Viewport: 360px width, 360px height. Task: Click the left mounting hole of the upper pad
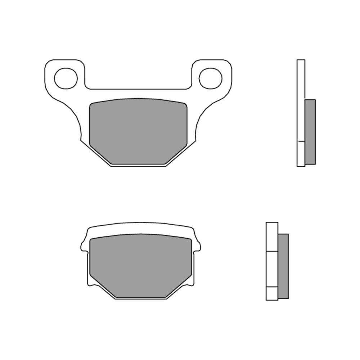point(66,78)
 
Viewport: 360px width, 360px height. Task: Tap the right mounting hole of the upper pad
point(210,78)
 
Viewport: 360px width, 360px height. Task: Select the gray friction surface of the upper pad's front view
point(138,131)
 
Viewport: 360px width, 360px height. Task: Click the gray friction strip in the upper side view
point(310,132)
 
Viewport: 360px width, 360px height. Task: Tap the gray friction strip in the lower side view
point(283,266)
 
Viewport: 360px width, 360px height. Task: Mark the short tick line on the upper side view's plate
point(301,141)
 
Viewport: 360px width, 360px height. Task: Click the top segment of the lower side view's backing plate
point(272,237)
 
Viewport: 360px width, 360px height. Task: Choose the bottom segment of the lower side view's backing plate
point(272,293)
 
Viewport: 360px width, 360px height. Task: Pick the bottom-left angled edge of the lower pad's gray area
point(102,287)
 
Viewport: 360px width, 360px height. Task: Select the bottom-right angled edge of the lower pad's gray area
point(179,287)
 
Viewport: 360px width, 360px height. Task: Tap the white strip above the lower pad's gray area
point(140,228)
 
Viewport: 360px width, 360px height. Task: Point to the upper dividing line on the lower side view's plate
point(272,251)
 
